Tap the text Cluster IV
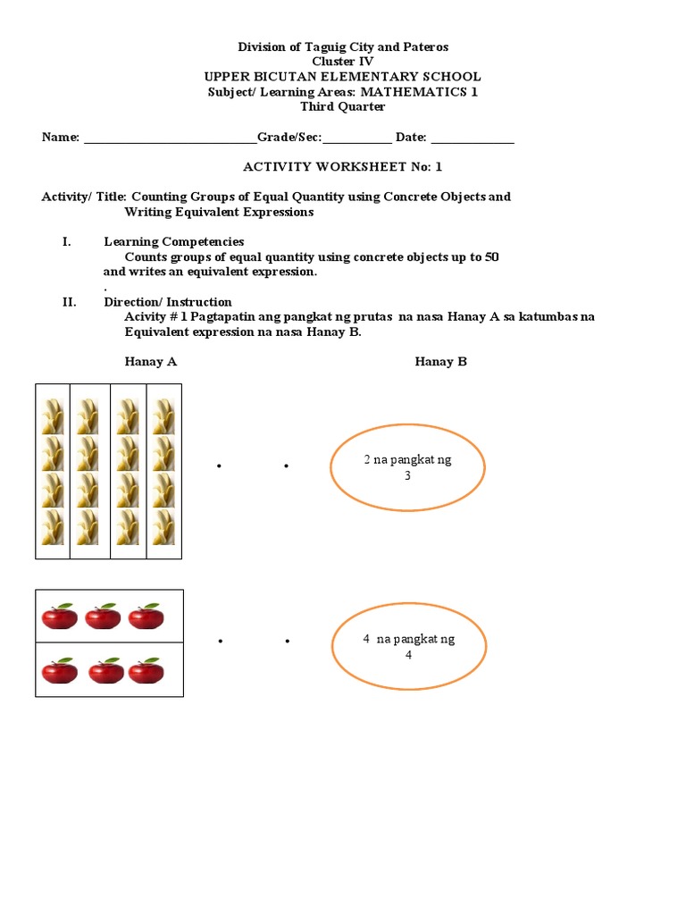pos(343,62)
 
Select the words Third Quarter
pos(343,107)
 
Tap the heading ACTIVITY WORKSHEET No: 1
pos(343,167)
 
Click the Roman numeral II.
pos(69,302)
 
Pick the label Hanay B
pos(440,362)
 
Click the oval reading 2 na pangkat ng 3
pos(407,467)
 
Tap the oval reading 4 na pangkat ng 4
pos(408,647)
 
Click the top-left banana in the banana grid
pos(53,416)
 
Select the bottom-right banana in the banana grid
pos(163,528)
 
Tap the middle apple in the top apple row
pos(103,616)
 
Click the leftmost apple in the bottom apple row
pos(59,670)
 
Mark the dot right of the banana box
pos(219,466)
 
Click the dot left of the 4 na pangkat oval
pos(286,642)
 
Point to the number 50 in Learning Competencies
pos(490,256)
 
